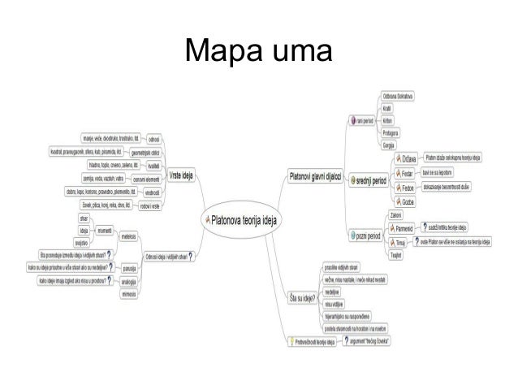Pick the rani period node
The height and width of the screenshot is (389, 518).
364,120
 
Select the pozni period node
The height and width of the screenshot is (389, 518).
368,235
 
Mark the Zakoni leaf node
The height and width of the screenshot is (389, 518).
397,214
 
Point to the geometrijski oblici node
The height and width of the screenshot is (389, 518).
146,151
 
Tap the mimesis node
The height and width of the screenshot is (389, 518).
128,294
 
